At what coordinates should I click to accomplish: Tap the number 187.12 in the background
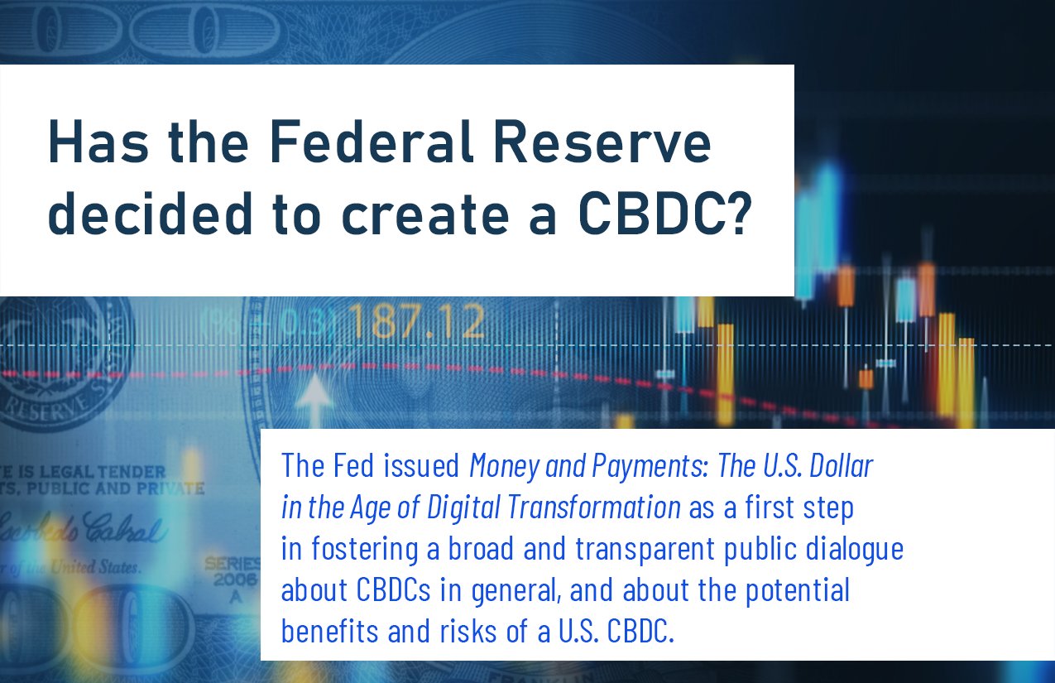click(x=416, y=323)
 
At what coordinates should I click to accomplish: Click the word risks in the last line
click(x=463, y=632)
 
